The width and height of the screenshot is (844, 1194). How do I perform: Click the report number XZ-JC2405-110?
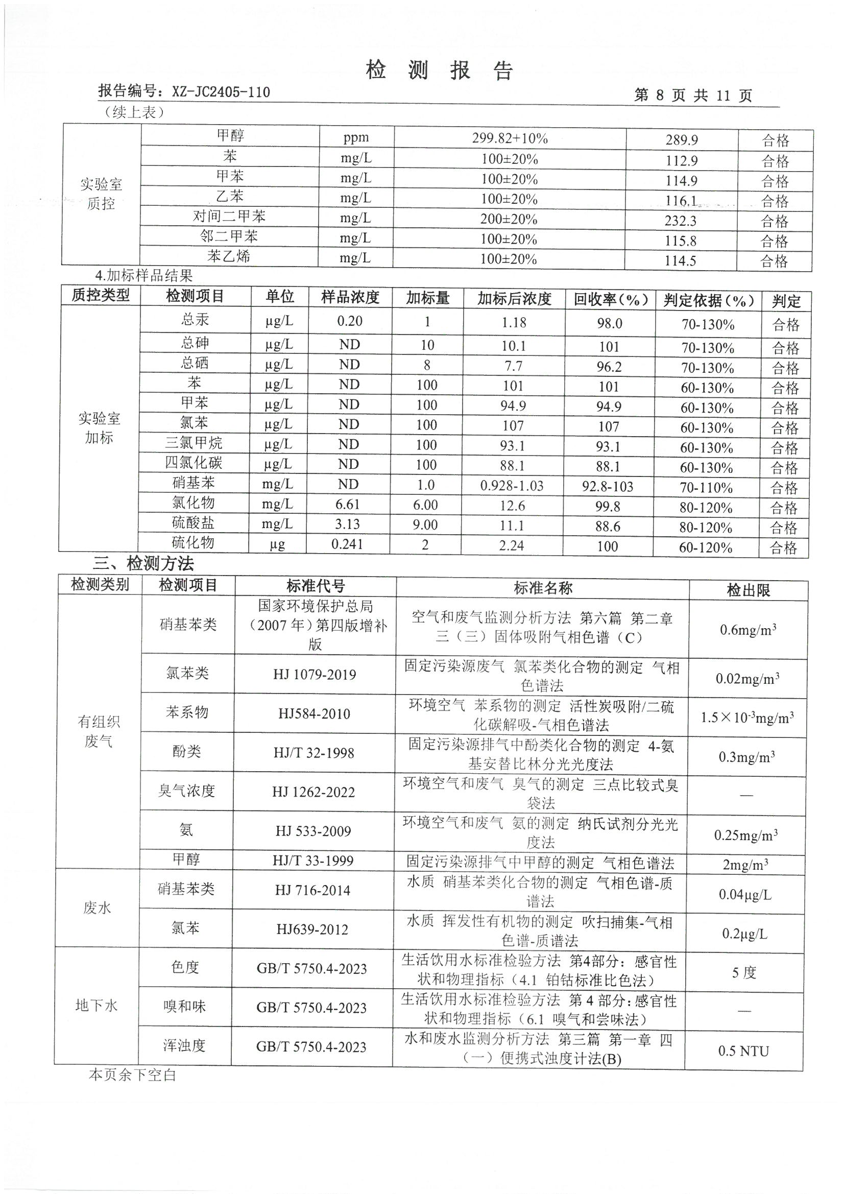click(221, 92)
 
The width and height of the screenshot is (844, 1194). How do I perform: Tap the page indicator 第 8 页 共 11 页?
click(693, 95)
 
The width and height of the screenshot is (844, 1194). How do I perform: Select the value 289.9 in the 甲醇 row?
click(681, 140)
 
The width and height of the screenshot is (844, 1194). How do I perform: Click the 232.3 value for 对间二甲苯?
click(681, 221)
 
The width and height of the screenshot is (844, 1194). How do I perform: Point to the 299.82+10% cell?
click(510, 138)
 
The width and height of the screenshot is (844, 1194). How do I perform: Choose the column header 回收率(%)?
click(611, 300)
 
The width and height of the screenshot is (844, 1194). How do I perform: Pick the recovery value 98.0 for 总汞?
click(610, 323)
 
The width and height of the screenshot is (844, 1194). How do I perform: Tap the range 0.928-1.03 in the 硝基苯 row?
click(512, 486)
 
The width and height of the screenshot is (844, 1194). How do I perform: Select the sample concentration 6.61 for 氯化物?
click(348, 504)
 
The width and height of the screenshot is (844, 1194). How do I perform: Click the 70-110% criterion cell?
click(706, 488)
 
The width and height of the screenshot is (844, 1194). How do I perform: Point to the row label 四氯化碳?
click(194, 463)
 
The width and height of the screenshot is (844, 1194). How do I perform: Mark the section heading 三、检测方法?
click(143, 563)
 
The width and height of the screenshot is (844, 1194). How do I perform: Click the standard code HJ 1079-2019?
click(315, 675)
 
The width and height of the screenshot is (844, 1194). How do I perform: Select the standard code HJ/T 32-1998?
click(314, 753)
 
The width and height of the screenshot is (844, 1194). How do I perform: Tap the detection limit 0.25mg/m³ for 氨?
click(746, 835)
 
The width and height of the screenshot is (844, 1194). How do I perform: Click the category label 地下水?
click(97, 1006)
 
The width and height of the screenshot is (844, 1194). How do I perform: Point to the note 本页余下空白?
click(133, 1075)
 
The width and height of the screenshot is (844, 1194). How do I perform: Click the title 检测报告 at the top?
click(440, 70)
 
